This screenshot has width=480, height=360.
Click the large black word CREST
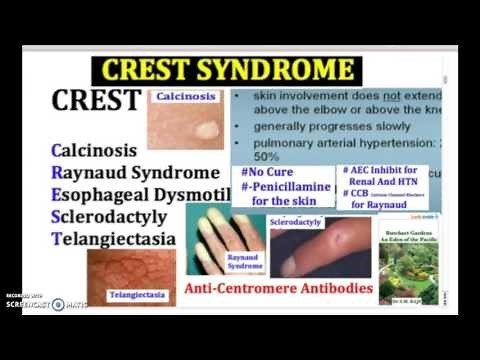(97, 102)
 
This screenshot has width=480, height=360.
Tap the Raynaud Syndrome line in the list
(135, 172)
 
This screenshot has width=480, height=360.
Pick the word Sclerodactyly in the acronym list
(113, 217)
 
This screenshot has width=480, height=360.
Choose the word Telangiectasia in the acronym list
(113, 239)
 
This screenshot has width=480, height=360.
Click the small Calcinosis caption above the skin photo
(186, 97)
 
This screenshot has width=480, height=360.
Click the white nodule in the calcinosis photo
(206, 130)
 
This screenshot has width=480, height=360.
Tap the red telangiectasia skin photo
(130, 270)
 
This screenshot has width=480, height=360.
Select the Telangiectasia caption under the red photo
(135, 296)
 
